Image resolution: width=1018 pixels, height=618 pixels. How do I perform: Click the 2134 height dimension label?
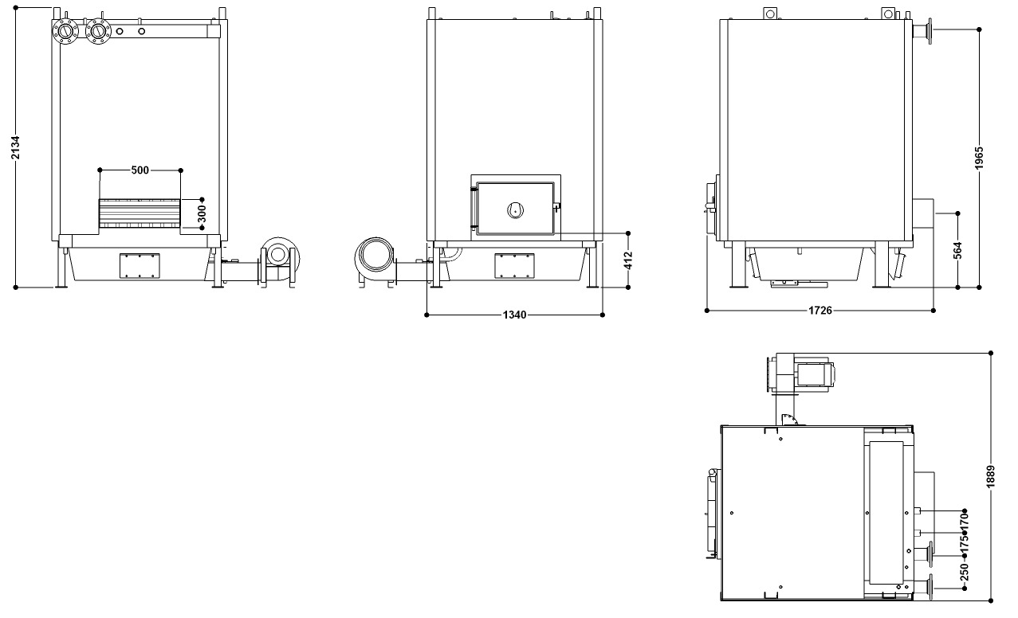[x=15, y=147]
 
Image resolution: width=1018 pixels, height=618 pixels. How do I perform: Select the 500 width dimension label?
[x=140, y=170]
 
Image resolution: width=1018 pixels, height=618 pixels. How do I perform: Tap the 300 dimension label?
[x=202, y=214]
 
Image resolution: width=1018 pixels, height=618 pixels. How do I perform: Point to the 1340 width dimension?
[x=514, y=315]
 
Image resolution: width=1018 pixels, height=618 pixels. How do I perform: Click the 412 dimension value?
[x=628, y=260]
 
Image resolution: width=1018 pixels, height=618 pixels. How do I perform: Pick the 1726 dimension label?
[x=820, y=311]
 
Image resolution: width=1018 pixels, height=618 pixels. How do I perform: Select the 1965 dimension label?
[x=980, y=158]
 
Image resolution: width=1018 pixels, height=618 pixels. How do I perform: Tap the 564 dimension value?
[x=958, y=250]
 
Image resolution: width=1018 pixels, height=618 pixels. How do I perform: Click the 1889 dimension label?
[x=991, y=477]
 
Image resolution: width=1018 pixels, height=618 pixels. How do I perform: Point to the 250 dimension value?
[x=965, y=572]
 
